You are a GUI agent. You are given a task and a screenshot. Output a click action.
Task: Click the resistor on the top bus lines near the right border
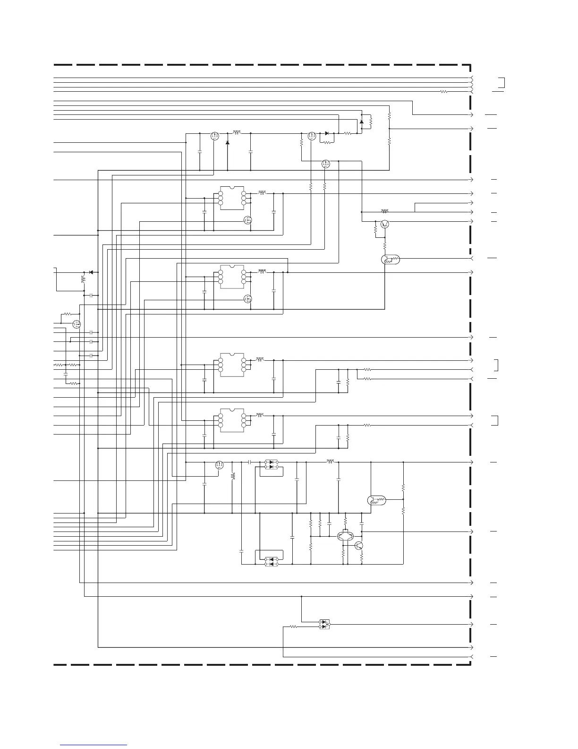pos(443,91)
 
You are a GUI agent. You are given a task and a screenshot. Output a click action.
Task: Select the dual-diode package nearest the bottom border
pos(324,624)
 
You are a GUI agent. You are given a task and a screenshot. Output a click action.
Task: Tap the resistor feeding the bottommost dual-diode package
pos(293,627)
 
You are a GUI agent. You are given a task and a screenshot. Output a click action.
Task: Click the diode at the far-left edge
pos(91,272)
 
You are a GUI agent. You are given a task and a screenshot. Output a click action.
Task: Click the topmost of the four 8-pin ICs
pos(232,198)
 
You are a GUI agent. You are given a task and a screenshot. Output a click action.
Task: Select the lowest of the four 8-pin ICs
pos(232,420)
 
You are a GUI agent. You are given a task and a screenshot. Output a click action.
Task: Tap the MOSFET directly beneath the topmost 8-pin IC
pos(247,220)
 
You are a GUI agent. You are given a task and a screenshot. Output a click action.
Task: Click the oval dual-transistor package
pos(347,536)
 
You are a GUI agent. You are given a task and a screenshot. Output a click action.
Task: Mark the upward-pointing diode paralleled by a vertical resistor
pos(362,122)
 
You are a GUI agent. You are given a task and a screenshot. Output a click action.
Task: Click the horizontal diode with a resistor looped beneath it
pos(327,133)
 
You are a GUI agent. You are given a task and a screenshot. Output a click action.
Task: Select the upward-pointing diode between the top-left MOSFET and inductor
pos(228,142)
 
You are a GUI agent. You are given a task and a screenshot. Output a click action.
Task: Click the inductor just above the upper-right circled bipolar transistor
pos(385,211)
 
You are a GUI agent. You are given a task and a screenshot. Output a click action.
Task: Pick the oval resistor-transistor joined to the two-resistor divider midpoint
pos(376,500)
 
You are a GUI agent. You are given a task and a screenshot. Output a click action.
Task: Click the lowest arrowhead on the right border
pos(471,657)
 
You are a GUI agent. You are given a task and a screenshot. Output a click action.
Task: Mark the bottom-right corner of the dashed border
pos(471,665)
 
